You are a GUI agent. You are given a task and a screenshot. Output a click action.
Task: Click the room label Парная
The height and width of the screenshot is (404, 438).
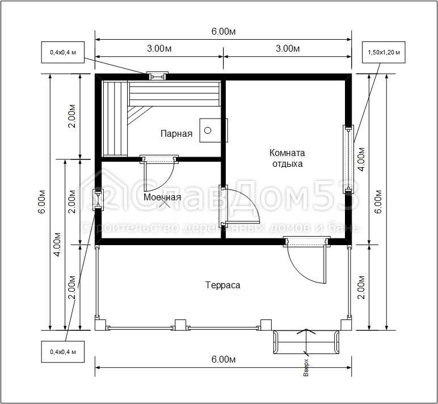[x=176, y=133]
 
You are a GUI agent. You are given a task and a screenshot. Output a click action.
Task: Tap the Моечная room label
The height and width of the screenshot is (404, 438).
[x=162, y=197]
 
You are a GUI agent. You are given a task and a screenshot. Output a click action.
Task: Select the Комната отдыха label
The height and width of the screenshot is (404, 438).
[x=287, y=158]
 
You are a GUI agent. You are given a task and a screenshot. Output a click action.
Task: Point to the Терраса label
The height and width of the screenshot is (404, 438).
[x=222, y=285]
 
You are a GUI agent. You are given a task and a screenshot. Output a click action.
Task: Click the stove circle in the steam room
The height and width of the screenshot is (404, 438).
[x=208, y=130]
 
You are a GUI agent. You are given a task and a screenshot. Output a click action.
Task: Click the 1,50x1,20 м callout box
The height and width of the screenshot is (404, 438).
[x=384, y=52]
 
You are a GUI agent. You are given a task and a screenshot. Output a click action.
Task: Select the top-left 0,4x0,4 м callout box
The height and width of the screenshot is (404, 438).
[x=63, y=52]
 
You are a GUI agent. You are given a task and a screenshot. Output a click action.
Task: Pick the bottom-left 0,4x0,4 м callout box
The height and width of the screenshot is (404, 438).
[x=63, y=352]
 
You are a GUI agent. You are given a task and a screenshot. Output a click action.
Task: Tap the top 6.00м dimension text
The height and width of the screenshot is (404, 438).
[x=223, y=32]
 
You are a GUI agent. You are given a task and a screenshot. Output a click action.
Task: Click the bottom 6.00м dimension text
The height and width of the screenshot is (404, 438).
[x=223, y=359]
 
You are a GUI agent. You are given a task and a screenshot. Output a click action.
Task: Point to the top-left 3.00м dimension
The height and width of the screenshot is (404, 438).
[x=159, y=48]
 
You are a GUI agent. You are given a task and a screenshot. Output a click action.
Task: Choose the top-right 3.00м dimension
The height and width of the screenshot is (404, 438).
[x=288, y=48]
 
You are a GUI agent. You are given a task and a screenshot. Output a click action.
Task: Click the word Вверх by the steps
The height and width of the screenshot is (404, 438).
[x=306, y=367]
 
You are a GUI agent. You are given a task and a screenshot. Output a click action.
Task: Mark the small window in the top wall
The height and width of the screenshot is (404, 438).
[x=158, y=75]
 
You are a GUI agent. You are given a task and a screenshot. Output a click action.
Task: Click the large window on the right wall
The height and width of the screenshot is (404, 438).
[x=348, y=159]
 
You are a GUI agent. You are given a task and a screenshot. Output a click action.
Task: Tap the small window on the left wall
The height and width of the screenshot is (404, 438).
[x=98, y=199]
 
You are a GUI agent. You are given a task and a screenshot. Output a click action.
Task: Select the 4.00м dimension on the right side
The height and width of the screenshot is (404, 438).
[x=361, y=159]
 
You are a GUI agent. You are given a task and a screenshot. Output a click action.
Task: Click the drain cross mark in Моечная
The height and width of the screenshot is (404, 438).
[x=165, y=203]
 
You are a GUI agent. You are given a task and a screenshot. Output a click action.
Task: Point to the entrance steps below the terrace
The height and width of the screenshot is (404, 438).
[x=306, y=342]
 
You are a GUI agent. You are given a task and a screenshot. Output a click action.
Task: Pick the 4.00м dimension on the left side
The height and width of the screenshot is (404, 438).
[x=57, y=245]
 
